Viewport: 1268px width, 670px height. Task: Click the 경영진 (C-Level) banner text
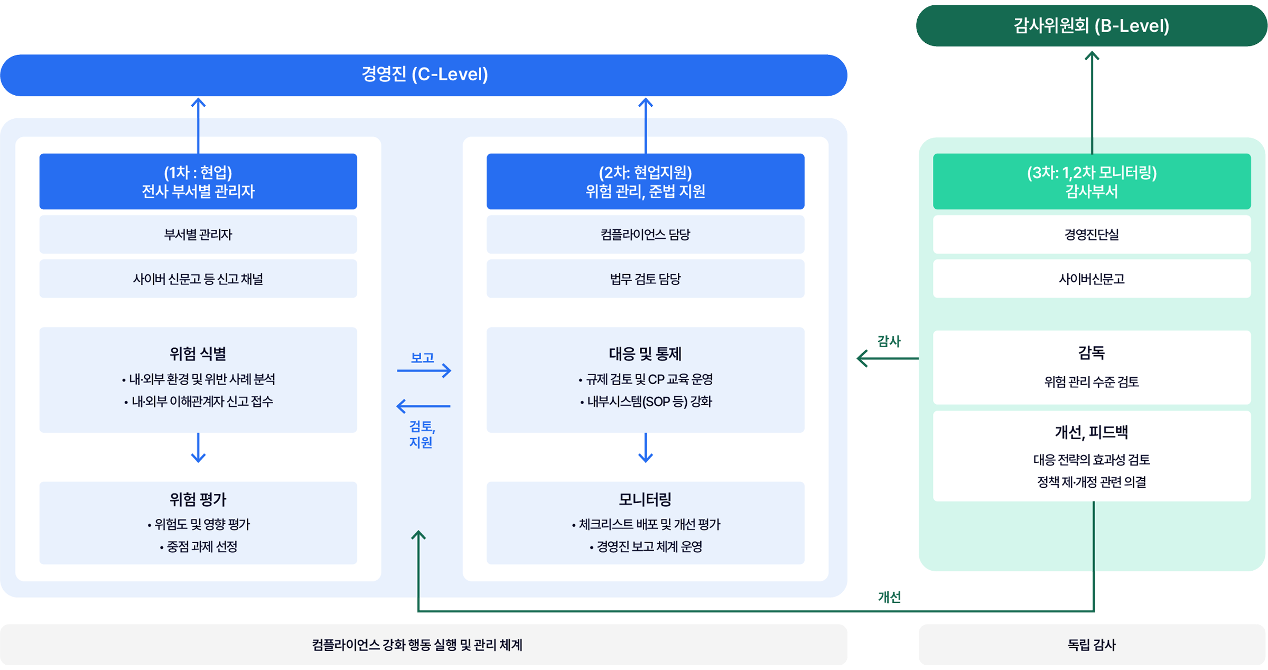tap(424, 75)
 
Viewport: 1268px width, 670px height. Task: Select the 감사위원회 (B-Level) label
tap(1091, 26)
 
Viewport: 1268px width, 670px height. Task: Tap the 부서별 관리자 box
tap(198, 235)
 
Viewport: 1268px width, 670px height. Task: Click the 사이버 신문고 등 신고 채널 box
tap(198, 279)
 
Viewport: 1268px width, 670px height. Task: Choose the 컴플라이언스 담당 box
tap(645, 235)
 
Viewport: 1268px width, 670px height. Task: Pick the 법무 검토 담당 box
tap(645, 279)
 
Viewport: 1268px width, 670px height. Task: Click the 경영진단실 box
tap(1092, 235)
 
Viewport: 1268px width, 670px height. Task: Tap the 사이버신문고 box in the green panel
tap(1092, 279)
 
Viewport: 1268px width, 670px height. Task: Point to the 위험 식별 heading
tap(198, 353)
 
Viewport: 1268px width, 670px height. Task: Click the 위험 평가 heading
tap(198, 499)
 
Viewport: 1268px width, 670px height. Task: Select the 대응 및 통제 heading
tap(645, 353)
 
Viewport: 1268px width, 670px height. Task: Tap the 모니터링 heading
tap(645, 499)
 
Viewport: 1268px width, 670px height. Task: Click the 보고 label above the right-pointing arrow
tap(423, 358)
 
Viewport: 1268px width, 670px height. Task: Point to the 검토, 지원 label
tap(422, 434)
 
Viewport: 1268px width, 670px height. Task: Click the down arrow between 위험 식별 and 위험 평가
tap(198, 448)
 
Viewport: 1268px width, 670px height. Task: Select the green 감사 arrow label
tap(889, 341)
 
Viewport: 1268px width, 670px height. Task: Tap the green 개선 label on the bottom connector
tap(889, 597)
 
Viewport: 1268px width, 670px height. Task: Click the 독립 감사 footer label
tap(1092, 645)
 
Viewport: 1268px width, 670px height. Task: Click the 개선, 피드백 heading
tap(1092, 433)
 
